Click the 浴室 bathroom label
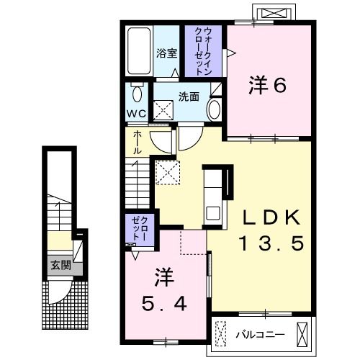167,53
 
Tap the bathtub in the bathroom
139,51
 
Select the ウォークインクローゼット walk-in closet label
204,51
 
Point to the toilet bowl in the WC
137,93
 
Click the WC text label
137,114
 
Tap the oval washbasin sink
214,110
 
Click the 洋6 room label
268,85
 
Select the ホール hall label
138,143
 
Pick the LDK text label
271,217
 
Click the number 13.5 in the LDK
271,243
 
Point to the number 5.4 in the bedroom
164,303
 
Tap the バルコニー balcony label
260,334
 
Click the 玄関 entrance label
60,266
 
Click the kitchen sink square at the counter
212,213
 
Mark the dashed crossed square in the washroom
163,110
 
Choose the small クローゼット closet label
139,228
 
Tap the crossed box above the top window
274,12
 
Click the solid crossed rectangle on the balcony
302,334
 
